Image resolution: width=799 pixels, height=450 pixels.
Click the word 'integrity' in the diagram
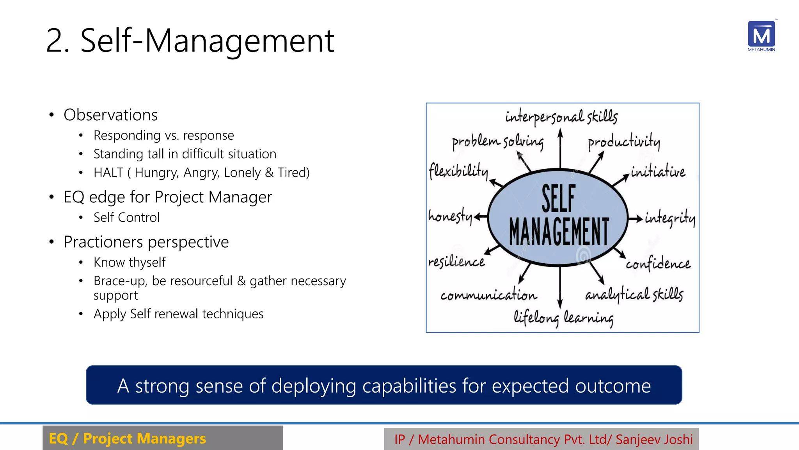(669, 218)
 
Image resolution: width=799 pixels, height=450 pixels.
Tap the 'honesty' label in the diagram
(450, 216)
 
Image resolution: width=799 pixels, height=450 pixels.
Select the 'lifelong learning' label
(563, 318)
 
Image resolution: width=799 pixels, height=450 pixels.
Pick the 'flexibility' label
(458, 171)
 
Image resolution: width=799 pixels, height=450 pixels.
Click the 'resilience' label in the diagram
(456, 261)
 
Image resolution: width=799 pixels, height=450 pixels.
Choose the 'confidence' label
(658, 264)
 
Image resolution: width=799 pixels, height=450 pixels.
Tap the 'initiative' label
(658, 171)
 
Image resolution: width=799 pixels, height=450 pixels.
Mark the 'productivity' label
(624, 142)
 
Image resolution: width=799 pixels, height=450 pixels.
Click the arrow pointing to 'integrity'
(635, 218)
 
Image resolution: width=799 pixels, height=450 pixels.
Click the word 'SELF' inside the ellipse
(558, 198)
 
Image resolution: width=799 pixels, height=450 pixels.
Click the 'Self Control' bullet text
(126, 217)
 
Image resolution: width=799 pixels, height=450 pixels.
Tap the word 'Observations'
(110, 115)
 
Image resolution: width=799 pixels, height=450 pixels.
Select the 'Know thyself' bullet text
(130, 262)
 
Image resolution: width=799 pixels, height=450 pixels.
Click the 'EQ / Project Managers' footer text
(127, 439)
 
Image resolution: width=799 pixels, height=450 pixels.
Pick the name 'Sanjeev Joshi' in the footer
(654, 439)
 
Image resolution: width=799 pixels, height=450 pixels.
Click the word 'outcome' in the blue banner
(613, 386)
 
